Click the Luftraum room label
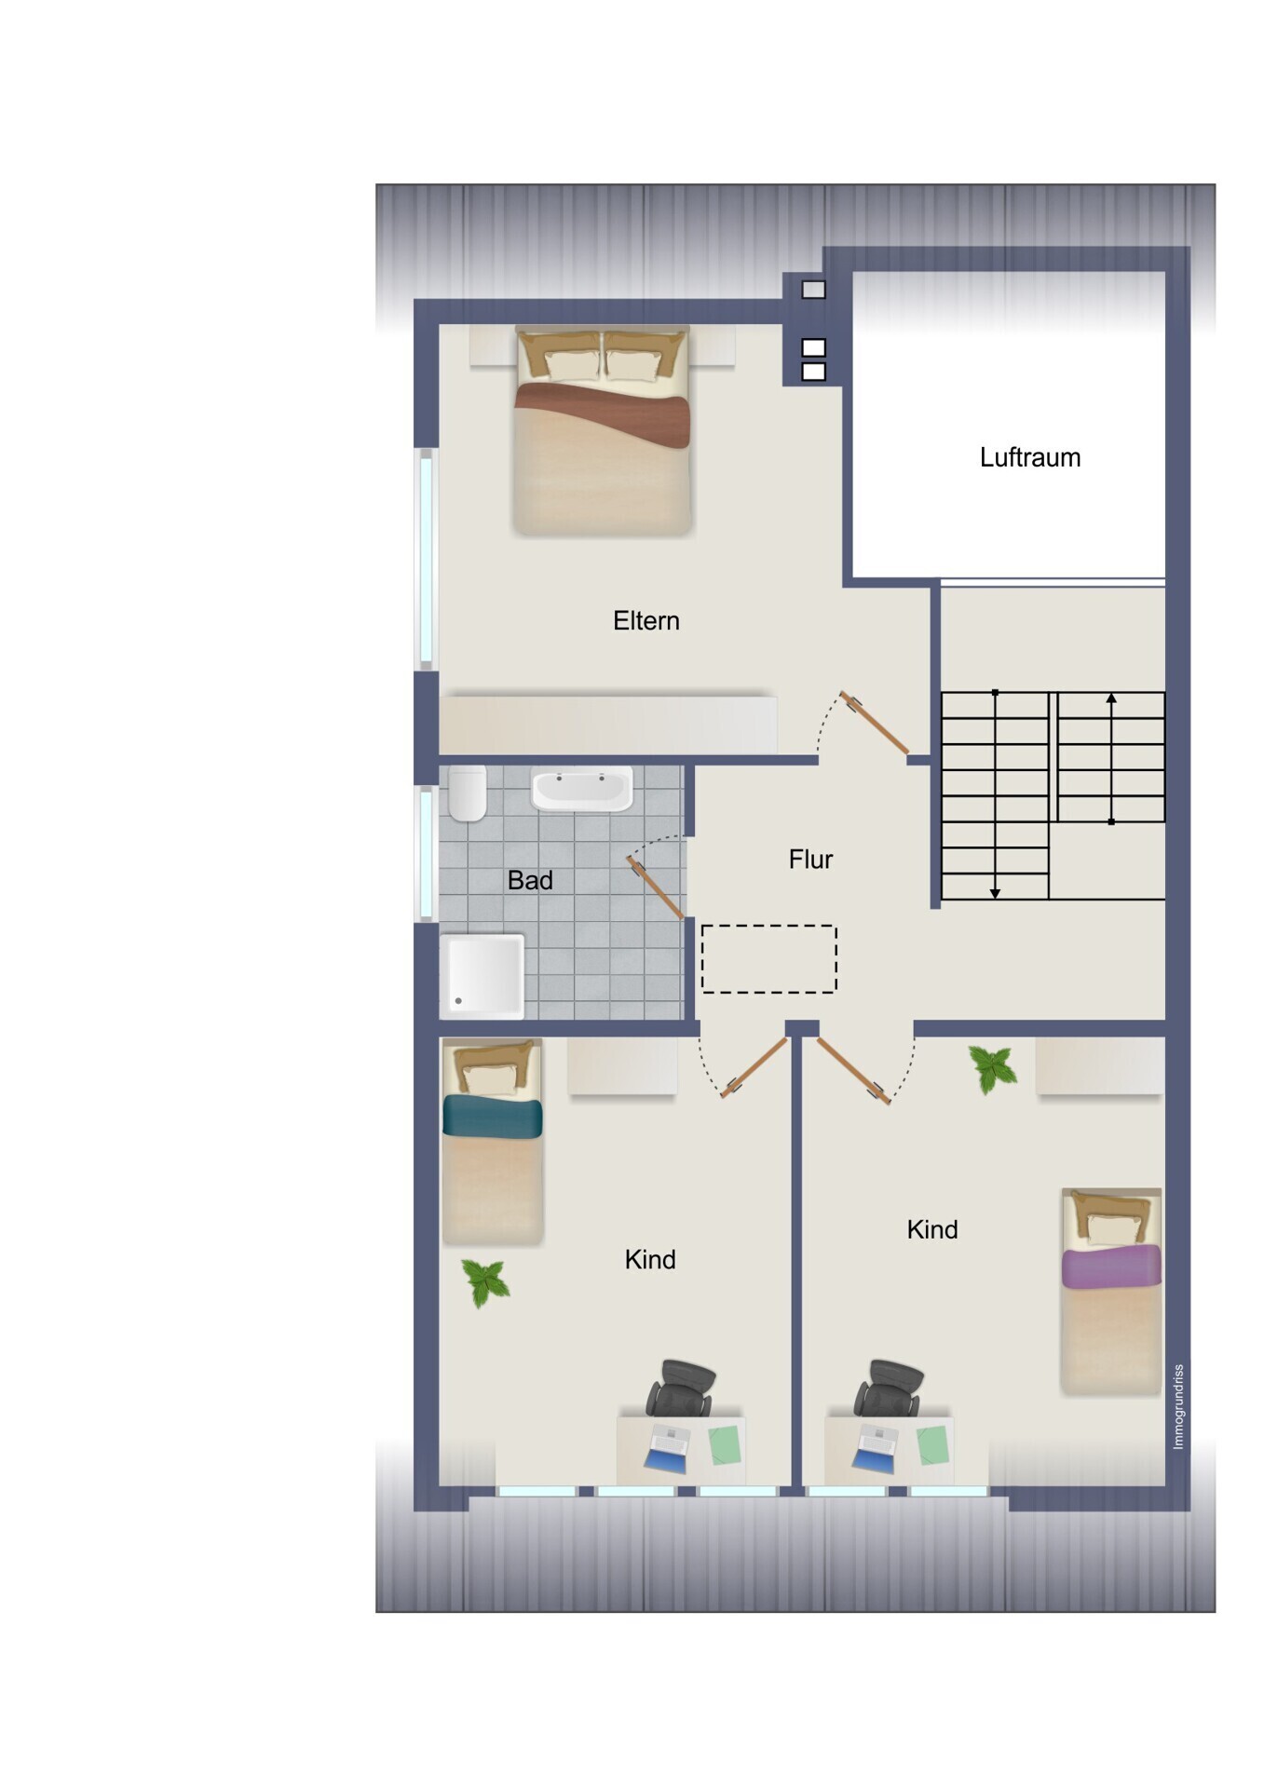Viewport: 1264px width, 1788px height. pos(1029,457)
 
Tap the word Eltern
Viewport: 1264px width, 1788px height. pos(646,620)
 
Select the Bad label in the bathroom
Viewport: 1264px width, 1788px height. pos(530,880)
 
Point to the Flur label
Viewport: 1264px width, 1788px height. pos(810,859)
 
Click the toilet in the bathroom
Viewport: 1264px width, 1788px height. pos(467,792)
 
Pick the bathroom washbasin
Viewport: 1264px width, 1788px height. pos(581,789)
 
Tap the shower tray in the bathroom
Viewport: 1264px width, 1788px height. pos(482,975)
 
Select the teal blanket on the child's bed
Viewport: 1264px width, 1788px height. pos(492,1117)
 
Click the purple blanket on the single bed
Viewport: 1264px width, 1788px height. pos(1111,1266)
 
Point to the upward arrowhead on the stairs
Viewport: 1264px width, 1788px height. pos(1111,698)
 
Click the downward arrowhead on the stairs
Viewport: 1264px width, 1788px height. pos(995,893)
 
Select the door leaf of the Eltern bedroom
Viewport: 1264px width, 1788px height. pos(875,723)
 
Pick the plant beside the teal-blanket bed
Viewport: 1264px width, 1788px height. pos(485,1283)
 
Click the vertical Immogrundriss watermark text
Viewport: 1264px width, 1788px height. pos(1178,1406)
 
